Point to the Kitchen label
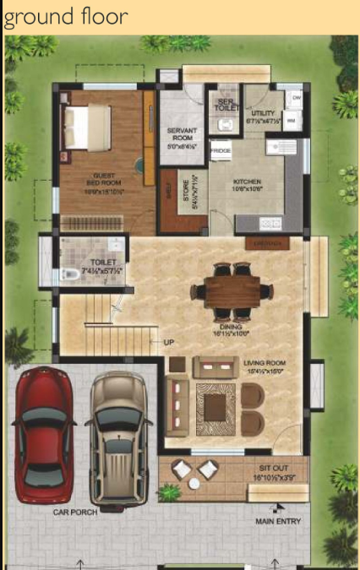coord(247,182)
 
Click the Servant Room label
coord(182,134)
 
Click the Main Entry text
coord(278,521)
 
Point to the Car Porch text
coord(75,512)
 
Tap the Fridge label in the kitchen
coord(221,151)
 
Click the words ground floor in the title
coord(67,16)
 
